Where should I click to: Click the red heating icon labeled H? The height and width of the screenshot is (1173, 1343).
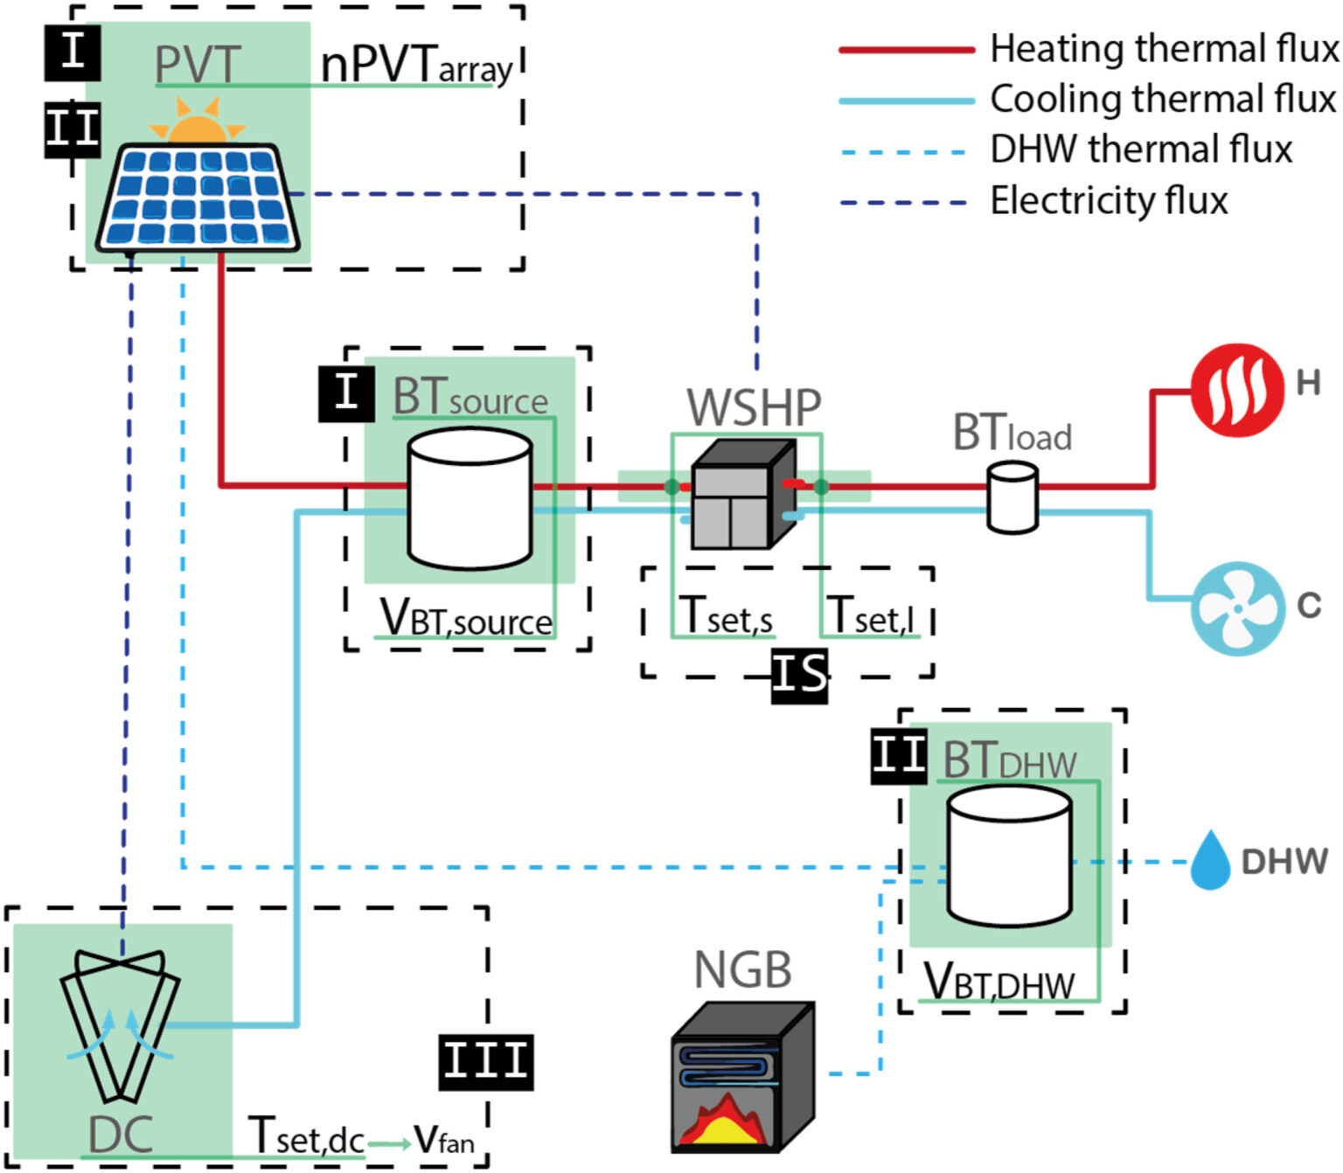click(1236, 389)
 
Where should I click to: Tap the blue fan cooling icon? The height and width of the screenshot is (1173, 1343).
click(1237, 607)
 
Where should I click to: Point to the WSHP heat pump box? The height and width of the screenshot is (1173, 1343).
click(742, 494)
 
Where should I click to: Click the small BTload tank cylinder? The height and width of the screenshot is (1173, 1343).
click(1012, 498)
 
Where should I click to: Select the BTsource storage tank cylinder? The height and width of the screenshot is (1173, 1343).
click(470, 498)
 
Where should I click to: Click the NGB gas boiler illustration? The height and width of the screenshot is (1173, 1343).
click(742, 1077)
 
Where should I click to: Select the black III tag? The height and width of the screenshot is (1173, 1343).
click(485, 1061)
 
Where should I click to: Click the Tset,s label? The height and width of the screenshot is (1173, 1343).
click(726, 615)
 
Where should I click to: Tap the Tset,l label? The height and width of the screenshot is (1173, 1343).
click(871, 615)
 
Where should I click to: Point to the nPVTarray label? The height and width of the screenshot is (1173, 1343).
click(416, 66)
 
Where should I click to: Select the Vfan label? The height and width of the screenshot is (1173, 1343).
click(444, 1138)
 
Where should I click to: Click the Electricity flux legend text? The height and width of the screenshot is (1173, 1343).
click(1109, 201)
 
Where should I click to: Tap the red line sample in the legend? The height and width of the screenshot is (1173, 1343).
click(907, 51)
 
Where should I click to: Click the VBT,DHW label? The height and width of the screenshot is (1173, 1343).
click(999, 982)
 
